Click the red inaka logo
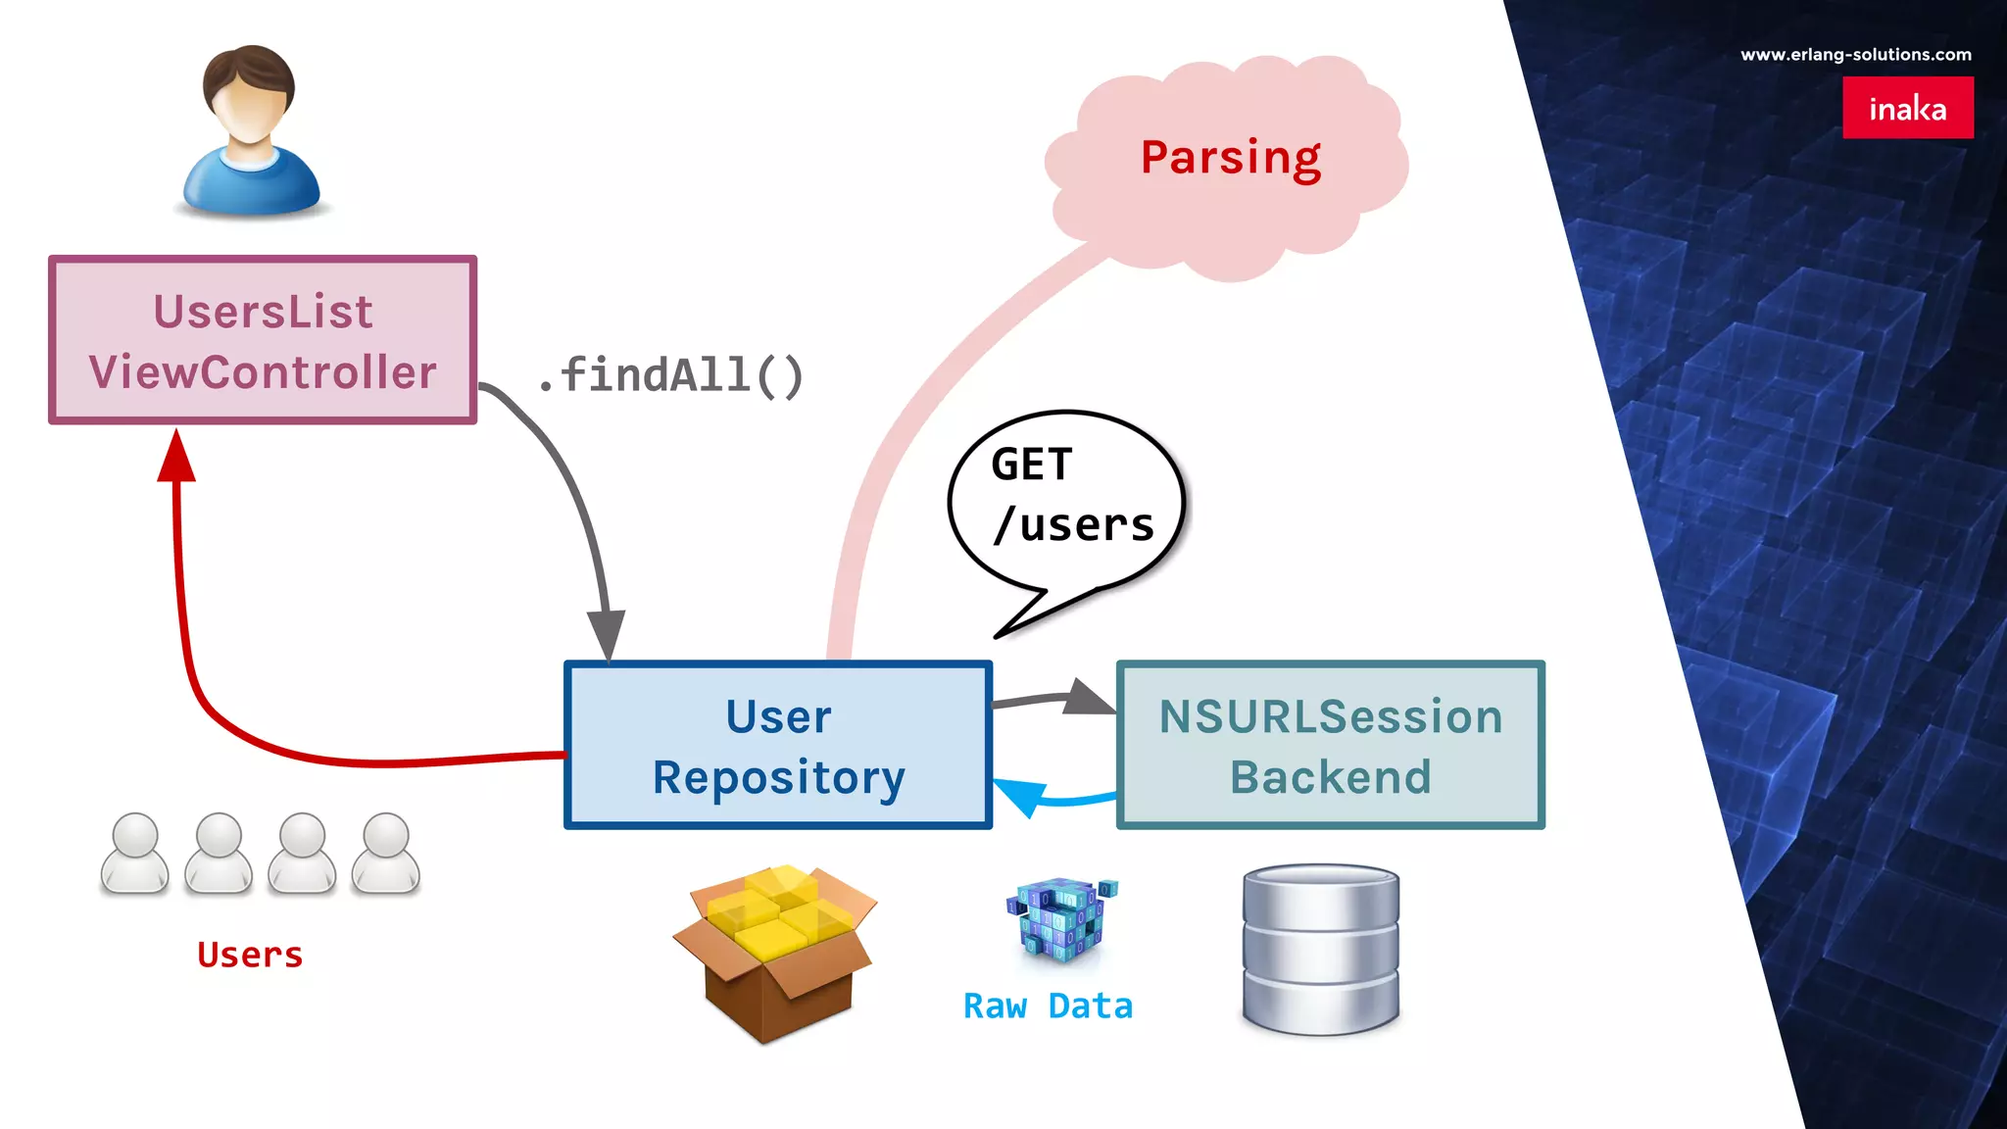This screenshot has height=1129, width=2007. click(1907, 108)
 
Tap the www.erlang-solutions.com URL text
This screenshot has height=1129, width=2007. click(1855, 55)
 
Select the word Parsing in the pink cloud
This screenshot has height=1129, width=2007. click(1231, 158)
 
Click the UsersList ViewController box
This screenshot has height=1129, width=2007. click(263, 340)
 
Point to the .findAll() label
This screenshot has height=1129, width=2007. click(672, 375)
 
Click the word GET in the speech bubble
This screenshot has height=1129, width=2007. click(1031, 465)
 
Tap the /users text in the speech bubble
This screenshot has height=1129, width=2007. click(1074, 525)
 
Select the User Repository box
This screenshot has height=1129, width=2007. click(778, 745)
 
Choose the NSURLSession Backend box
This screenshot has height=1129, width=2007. click(1330, 745)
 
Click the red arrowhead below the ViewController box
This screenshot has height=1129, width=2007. click(176, 459)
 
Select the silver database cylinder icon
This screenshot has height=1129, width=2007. click(1320, 948)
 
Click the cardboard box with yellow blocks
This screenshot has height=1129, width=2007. click(774, 951)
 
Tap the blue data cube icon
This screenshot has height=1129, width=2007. click(1060, 916)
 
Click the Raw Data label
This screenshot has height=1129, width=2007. click(1048, 1006)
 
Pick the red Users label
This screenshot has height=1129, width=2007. click(250, 955)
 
